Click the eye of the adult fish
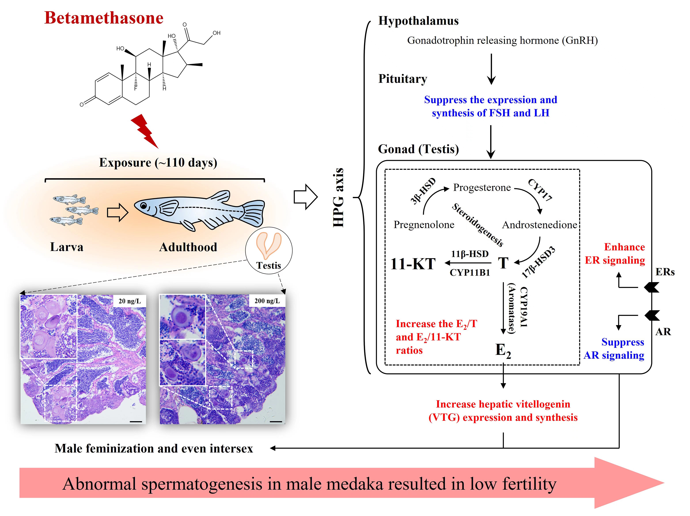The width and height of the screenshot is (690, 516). coord(143,206)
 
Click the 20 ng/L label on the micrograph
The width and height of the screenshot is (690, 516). coord(129,301)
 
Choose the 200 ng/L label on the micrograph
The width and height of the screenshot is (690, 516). coord(267,301)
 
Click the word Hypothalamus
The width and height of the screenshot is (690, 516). coord(418,21)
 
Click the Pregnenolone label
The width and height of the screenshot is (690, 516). coord(424,224)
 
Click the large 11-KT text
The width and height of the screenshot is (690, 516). coord(413,264)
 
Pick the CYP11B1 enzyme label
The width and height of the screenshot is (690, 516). coord(470,272)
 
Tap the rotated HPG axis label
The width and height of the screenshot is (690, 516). coord(338,198)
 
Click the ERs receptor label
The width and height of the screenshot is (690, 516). coord(665,272)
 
